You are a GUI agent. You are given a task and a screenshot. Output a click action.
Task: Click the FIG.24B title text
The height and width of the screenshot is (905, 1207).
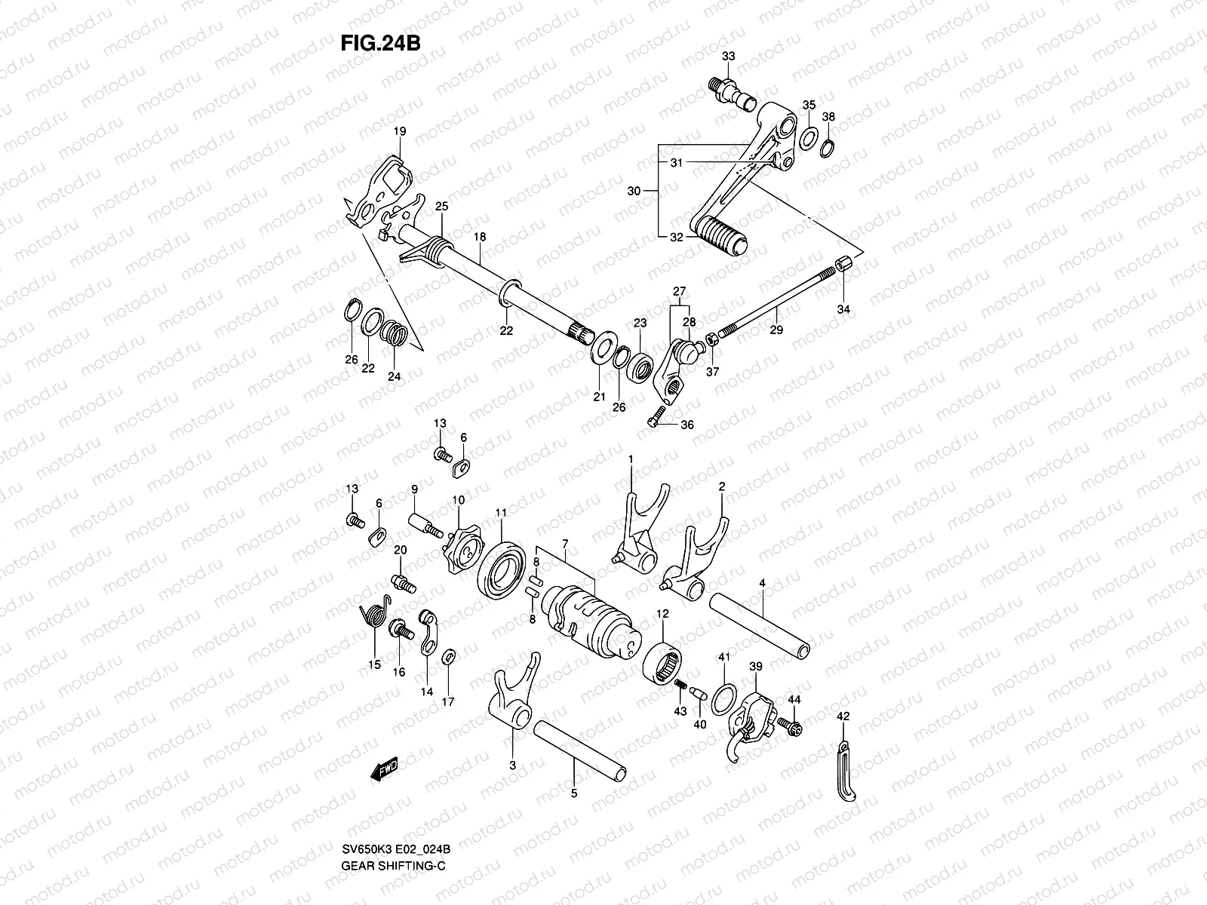tap(379, 42)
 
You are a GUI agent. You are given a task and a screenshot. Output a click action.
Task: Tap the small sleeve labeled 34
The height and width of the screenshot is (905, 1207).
tap(844, 266)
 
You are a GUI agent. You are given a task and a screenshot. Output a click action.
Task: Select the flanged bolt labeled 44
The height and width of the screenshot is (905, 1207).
tap(794, 726)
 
